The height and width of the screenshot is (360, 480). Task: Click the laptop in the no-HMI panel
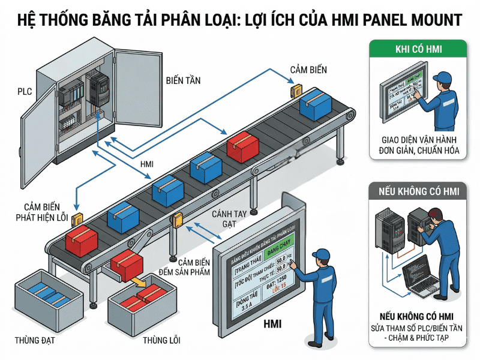click(421, 275)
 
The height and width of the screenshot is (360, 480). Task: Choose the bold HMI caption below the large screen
click(273, 325)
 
